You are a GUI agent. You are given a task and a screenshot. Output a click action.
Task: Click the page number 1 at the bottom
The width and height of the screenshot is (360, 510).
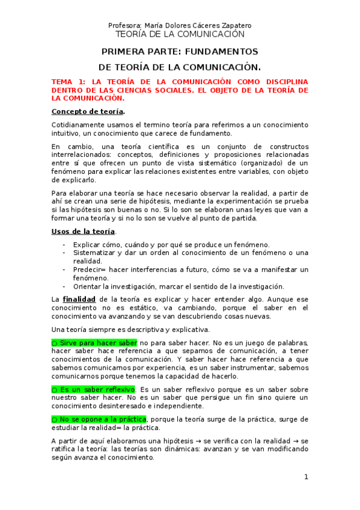(306, 477)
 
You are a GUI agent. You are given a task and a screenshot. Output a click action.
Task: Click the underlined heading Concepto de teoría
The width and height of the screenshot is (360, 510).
(88, 111)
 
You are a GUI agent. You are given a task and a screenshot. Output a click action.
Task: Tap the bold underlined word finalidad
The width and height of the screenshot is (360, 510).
(79, 299)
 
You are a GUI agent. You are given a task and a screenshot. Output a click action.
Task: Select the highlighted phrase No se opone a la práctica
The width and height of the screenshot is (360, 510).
(99, 419)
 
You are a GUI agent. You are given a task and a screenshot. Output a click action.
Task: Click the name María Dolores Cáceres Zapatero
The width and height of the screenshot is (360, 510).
(196, 25)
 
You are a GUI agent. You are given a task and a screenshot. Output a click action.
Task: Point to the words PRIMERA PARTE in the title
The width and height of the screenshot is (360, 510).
(135, 52)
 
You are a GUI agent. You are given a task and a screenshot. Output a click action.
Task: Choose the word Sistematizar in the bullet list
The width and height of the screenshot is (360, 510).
(96, 253)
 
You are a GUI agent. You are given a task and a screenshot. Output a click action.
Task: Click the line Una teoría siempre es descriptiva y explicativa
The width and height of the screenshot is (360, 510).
(130, 329)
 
